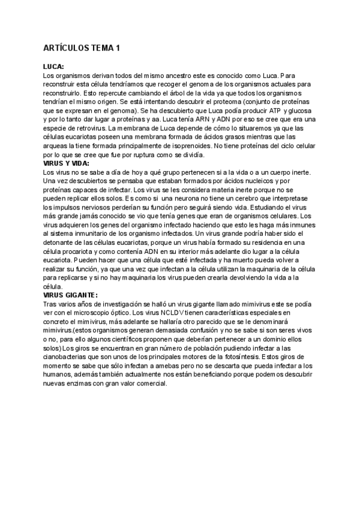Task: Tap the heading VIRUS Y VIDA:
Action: click(67, 163)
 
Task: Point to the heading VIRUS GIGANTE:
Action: click(71, 295)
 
